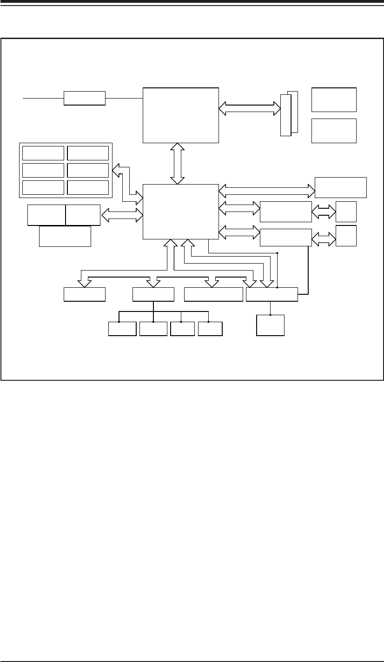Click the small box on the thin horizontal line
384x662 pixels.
[84, 99]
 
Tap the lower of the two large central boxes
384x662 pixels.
[180, 212]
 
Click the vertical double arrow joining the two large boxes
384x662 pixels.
[177, 163]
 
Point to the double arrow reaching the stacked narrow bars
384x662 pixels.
[250, 109]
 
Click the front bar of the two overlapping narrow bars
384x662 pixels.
[285, 115]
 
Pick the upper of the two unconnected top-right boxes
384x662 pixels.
[334, 99]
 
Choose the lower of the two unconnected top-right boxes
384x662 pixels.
[334, 131]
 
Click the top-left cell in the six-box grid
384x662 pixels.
[43, 152]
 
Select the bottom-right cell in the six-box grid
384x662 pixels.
[88, 187]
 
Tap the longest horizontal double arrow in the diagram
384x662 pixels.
[267, 190]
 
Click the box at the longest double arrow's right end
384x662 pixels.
[341, 187]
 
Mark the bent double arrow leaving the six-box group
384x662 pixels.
[124, 184]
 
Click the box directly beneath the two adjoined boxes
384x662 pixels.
[65, 236]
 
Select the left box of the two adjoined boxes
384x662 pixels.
[46, 215]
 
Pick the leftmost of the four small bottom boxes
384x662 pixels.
[122, 329]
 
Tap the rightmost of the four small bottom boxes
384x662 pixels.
[210, 329]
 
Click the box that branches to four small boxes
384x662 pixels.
[153, 295]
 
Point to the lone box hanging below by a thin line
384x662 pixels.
[270, 325]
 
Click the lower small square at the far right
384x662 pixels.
[346, 236]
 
